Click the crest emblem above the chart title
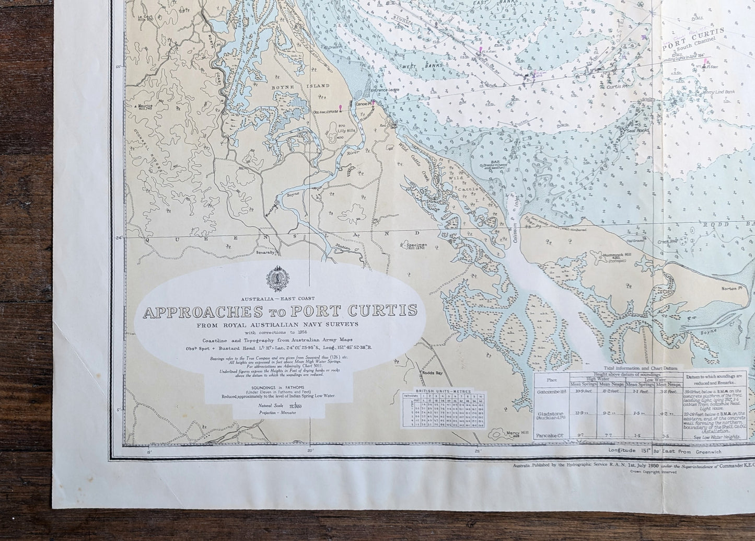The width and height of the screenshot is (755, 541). click(x=274, y=279)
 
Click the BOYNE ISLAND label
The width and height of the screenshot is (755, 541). click(x=287, y=86)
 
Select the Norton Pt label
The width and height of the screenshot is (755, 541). click(x=734, y=288)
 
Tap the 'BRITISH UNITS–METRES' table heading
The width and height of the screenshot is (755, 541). click(x=442, y=390)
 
